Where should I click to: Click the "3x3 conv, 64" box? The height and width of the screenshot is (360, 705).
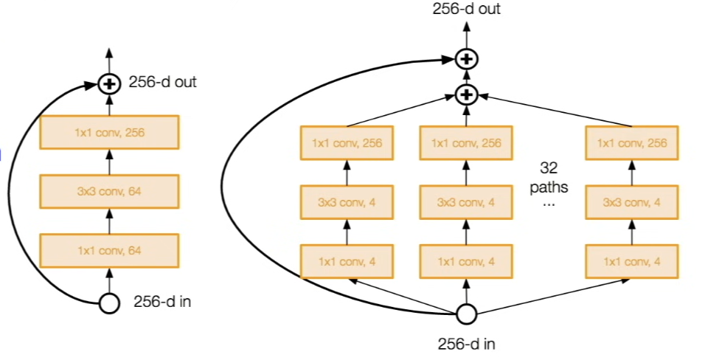tap(109, 192)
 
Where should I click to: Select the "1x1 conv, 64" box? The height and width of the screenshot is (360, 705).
tap(109, 251)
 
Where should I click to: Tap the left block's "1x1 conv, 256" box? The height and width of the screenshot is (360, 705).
tap(109, 132)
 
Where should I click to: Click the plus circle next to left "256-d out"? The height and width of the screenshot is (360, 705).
tap(109, 84)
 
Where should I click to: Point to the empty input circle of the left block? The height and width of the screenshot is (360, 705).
tap(109, 303)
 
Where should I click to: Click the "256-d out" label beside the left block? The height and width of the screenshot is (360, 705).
tap(163, 82)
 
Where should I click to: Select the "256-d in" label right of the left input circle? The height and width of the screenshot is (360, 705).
tap(162, 302)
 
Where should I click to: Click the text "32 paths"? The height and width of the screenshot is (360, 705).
tap(549, 177)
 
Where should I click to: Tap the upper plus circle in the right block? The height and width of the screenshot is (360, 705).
tap(467, 59)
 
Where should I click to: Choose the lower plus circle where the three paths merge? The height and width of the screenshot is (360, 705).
tap(467, 95)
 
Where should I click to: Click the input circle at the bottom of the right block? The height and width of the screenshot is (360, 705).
tap(467, 314)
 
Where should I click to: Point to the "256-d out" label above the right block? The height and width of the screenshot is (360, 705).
tap(467, 9)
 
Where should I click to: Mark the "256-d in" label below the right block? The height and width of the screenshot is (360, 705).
tap(467, 345)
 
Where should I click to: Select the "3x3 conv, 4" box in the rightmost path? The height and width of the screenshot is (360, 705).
tap(632, 202)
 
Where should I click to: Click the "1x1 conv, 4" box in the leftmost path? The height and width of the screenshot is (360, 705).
tap(347, 261)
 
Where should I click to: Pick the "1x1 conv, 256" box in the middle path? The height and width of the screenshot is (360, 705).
tap(466, 143)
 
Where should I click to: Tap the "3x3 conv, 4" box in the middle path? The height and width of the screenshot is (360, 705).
tap(466, 202)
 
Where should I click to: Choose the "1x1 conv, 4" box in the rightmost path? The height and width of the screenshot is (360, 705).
tap(632, 261)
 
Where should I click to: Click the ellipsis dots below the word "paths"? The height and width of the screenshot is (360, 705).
tap(549, 204)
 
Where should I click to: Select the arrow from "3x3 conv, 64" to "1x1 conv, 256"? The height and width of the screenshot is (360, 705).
tap(109, 162)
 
